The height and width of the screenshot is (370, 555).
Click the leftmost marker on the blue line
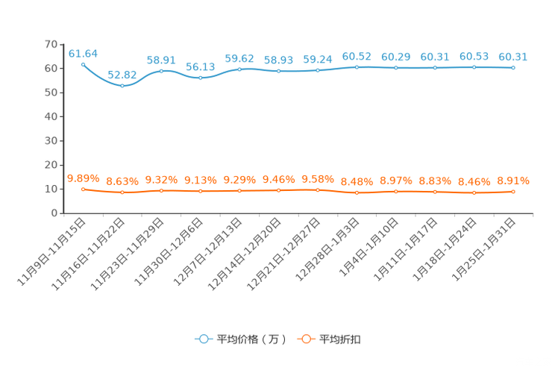point(83,64)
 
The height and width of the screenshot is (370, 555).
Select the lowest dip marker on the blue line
point(122,85)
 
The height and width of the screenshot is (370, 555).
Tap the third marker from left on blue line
point(161,71)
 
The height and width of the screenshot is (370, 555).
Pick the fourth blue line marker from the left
point(200,77)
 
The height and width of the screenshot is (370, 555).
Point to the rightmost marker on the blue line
point(513,68)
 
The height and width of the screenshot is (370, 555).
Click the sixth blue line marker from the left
point(278,71)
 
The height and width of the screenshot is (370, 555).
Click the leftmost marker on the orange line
point(83,189)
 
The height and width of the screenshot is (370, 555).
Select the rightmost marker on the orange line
point(513,192)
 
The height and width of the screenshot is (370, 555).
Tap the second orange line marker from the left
point(122,193)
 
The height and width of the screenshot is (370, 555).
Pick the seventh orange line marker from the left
point(318,190)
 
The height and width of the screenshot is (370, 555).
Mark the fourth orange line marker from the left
point(200,192)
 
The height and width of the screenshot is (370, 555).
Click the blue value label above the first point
point(83,53)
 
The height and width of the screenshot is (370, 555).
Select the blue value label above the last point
point(513,56)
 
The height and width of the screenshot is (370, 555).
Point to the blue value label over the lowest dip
point(122,74)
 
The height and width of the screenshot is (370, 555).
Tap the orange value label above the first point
point(83,178)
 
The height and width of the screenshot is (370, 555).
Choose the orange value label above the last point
point(513,181)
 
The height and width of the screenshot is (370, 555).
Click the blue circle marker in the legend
point(203,339)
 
